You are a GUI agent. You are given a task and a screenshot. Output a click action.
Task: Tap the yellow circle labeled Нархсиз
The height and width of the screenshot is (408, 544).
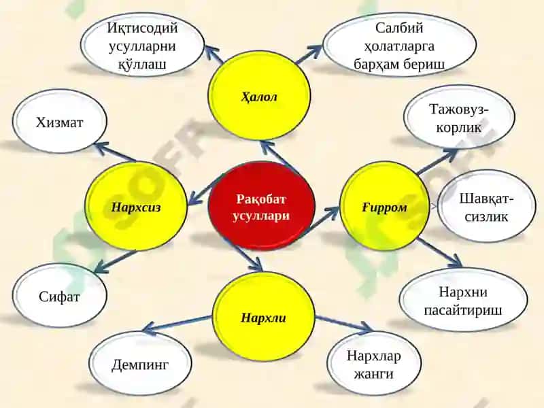136,207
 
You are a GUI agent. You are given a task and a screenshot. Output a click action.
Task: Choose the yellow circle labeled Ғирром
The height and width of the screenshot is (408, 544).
384,207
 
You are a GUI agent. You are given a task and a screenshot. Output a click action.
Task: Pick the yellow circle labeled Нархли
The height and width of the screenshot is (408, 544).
264,316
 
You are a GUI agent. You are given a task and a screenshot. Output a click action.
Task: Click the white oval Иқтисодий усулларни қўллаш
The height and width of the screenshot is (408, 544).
142,45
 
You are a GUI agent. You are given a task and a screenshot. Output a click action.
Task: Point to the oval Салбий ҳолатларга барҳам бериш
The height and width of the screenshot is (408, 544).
399,45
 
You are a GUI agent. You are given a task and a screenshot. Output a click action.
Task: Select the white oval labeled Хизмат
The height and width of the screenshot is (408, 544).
60,121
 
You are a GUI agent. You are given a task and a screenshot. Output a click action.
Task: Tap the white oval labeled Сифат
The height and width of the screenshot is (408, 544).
60,296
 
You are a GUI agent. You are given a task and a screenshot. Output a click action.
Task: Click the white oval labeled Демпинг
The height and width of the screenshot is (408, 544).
140,364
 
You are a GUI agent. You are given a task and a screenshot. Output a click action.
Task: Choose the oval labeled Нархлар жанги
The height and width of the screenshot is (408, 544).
374,364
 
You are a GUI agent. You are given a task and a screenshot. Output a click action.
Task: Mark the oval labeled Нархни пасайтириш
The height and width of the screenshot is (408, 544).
463,300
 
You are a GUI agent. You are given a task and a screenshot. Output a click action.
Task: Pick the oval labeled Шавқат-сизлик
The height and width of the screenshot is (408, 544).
486,207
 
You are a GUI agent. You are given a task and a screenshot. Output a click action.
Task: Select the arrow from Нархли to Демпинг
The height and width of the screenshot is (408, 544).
177,324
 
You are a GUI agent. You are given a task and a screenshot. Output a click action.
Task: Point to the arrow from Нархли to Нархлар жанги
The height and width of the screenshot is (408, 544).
343,322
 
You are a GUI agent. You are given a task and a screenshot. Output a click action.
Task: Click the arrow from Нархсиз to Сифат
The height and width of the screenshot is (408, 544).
115,262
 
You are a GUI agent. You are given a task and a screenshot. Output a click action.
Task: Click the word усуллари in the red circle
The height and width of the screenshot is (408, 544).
261,216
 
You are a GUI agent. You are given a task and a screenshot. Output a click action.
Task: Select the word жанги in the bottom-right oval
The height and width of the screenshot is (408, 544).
374,373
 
